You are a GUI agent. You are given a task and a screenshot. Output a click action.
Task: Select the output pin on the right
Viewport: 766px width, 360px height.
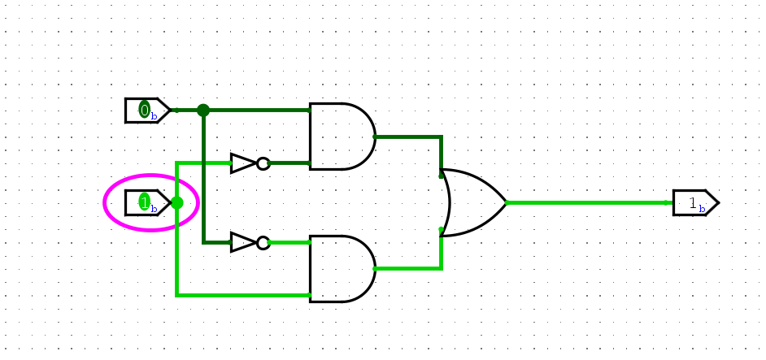[x=694, y=202]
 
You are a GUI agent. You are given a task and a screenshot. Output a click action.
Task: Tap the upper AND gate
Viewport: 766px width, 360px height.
[x=340, y=137]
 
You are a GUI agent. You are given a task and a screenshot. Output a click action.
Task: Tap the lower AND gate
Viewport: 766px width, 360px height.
[x=340, y=269]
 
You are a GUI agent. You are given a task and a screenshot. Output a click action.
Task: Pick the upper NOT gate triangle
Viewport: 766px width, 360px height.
[x=242, y=163]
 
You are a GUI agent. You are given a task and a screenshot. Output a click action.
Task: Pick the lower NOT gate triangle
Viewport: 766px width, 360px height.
[x=242, y=242]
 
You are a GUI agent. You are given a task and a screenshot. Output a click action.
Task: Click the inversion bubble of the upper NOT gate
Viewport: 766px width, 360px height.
[x=263, y=163]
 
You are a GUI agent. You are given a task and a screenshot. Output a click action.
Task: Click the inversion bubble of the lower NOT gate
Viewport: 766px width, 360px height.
[x=263, y=242]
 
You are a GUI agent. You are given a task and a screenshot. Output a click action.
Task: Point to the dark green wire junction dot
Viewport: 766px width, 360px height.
[x=203, y=111]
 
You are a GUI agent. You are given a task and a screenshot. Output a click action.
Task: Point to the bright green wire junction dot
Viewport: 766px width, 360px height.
[x=176, y=202]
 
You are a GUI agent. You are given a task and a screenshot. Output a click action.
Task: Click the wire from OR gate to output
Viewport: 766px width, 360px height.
[x=585, y=202]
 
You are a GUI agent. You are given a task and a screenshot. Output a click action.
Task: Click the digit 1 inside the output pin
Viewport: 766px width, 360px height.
[x=692, y=203]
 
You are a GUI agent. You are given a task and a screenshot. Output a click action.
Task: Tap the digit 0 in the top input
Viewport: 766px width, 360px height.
[x=144, y=110]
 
